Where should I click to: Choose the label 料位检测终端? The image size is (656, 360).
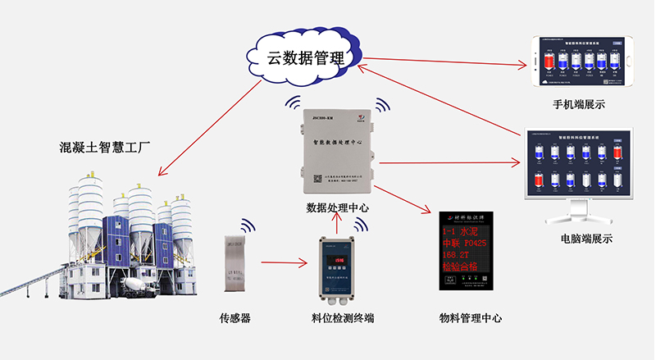pos(337,318)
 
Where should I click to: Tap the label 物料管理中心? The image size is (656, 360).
pos(471,318)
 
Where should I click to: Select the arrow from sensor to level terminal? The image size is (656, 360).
pos(284,263)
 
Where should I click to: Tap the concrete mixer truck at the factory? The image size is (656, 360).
pos(135,287)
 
